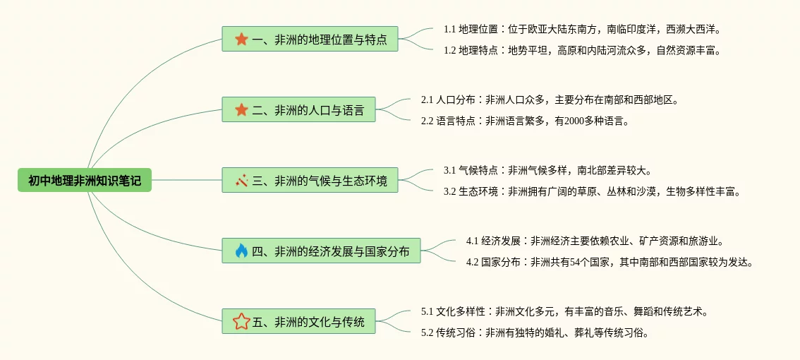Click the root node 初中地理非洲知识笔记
tap(85, 181)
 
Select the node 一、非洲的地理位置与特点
tap(310, 40)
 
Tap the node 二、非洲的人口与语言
tap(298, 109)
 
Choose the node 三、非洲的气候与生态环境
tap(310, 181)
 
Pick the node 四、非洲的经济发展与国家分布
tap(321, 251)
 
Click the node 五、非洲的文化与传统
tap(298, 322)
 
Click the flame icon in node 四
tap(241, 251)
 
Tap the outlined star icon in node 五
tap(241, 322)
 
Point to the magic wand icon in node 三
tap(241, 181)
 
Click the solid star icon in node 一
tap(241, 40)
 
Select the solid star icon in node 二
tap(241, 109)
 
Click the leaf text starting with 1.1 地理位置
tap(581, 30)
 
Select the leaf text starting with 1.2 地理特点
tap(581, 50)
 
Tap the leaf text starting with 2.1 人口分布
tap(550, 100)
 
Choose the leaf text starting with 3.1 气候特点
tap(547, 171)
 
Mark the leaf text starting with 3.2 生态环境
tap(592, 191)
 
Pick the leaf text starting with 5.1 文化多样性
tap(564, 312)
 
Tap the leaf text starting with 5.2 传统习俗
tap(534, 332)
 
